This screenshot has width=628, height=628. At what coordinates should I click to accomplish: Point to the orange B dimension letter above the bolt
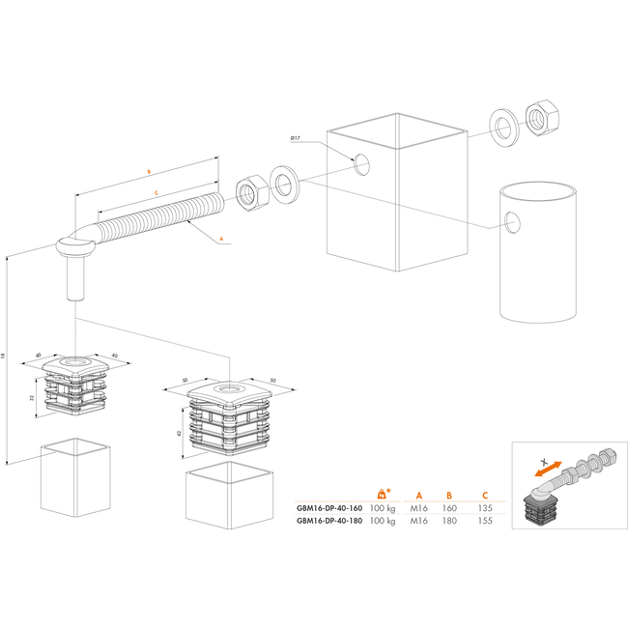148,171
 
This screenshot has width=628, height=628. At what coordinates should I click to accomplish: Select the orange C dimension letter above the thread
156,192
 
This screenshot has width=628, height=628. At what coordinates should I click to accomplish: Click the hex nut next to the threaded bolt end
250,190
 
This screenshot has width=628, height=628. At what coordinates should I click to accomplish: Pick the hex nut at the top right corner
538,117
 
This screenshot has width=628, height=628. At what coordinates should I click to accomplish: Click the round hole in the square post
362,164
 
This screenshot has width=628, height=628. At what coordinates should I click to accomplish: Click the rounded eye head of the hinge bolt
74,249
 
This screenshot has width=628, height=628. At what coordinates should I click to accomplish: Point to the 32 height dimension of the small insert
32,397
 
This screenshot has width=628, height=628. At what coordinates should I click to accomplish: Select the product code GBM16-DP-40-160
329,507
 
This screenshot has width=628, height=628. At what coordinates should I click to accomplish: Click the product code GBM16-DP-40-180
329,521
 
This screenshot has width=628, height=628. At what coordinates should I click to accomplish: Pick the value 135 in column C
485,507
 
